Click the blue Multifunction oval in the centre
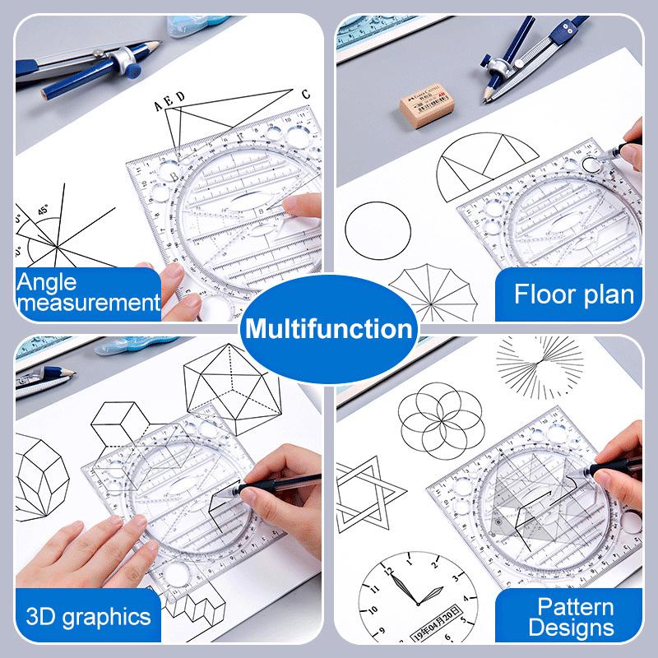pos(328,330)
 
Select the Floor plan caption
pos(574,294)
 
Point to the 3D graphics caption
pos(88,616)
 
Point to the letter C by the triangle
pos(305,94)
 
